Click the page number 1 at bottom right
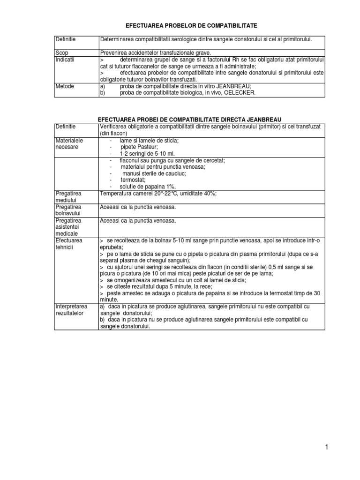[326, 447]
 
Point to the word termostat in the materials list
[133, 180]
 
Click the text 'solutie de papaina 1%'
[147, 186]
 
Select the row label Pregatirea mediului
[68, 196]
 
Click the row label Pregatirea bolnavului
[68, 210]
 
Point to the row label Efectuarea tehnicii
[68, 244]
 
